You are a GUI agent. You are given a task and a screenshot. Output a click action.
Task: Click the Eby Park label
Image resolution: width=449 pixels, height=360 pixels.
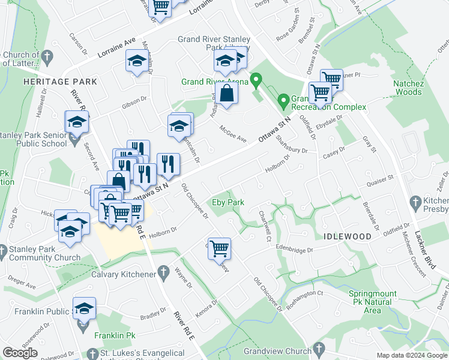228,202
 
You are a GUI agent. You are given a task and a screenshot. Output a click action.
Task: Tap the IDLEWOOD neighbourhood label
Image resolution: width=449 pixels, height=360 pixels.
348,236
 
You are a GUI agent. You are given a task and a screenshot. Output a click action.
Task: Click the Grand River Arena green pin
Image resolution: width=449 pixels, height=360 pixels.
256,79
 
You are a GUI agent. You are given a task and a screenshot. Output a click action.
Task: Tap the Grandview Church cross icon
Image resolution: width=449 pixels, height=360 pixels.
319,348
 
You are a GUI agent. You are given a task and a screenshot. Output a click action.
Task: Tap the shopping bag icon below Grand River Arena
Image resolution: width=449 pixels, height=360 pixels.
227,94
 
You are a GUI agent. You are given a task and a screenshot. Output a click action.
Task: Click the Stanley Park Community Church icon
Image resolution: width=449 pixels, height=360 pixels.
4,250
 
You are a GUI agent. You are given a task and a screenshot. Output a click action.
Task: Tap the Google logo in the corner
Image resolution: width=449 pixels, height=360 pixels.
20,353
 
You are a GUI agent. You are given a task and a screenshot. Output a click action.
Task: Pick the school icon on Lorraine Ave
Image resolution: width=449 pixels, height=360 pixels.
136,61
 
